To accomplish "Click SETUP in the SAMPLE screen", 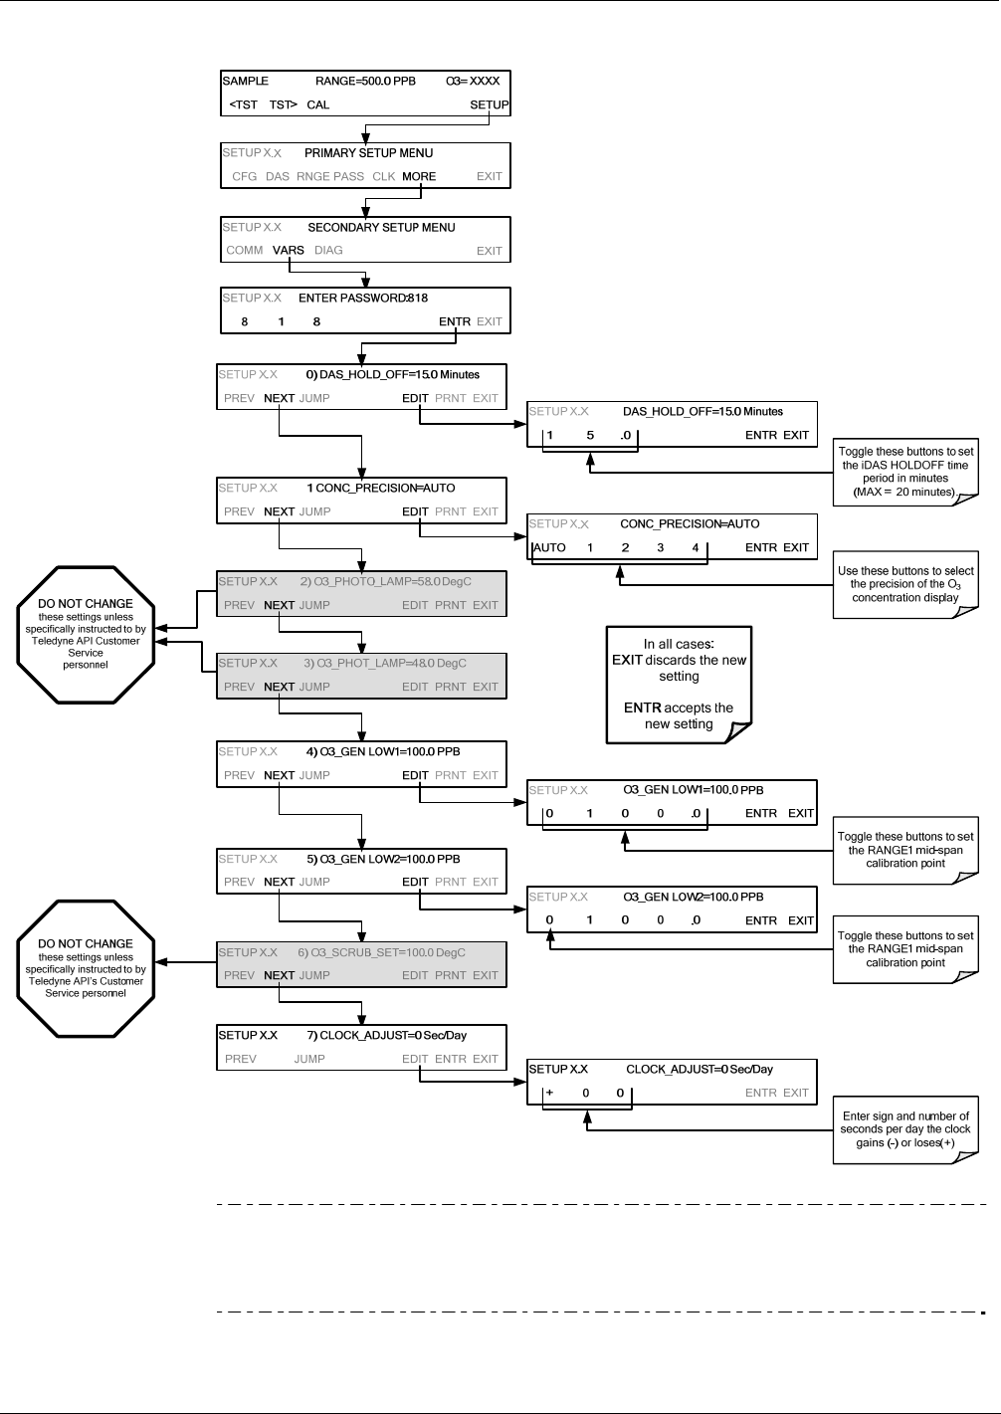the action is pos(490,104).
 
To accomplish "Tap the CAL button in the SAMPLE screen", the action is pos(318,104).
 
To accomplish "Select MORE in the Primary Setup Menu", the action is pos(419,177).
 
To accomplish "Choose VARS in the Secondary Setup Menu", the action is pos(289,251).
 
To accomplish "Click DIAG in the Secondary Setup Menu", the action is pos(328,251).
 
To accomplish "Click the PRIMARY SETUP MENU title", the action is pos(368,153).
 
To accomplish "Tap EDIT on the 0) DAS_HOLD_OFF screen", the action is pos(415,398).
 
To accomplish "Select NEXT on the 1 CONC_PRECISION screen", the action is pos(279,511).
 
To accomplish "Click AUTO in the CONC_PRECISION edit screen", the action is pos(549,548).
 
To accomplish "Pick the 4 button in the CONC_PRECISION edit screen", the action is pos(696,548).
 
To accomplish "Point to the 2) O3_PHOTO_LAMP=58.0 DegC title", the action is pos(386,582).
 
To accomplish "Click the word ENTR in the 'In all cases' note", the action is pos(643,708).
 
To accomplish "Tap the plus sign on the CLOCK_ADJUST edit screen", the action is pos(549,1093).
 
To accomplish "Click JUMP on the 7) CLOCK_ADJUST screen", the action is pos(309,1059).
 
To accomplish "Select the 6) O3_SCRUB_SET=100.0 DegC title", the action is pos(382,952).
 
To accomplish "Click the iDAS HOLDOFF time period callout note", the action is pos(905,473).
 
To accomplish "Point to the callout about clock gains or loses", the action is pos(905,1130).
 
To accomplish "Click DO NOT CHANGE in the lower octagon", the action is pos(86,943).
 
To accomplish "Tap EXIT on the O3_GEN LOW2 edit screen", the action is pos(801,921).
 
